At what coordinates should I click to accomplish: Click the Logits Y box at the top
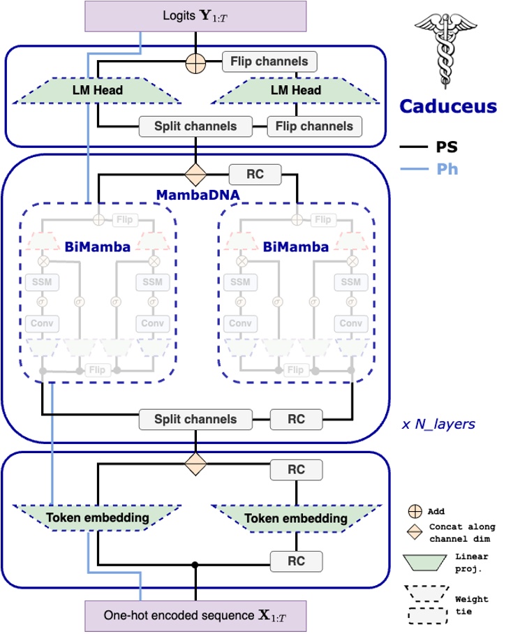click(195, 15)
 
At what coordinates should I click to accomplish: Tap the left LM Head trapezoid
click(98, 90)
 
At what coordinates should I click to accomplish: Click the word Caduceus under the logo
click(447, 107)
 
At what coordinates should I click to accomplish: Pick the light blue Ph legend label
click(447, 168)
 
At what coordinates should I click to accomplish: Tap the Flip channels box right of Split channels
click(315, 126)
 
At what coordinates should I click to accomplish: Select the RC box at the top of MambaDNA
click(255, 174)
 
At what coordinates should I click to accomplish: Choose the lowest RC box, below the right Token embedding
click(297, 561)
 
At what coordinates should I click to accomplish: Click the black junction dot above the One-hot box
click(195, 564)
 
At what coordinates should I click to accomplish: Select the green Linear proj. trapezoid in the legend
click(425, 561)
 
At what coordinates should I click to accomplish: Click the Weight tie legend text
click(471, 605)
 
